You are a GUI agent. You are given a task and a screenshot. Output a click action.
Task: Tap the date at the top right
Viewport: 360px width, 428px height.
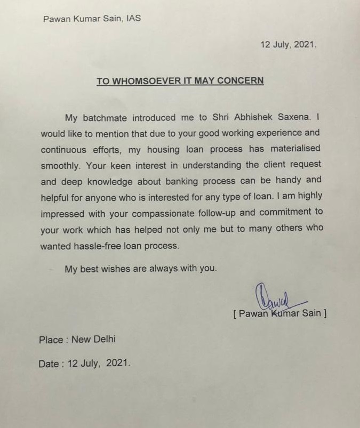(x=288, y=45)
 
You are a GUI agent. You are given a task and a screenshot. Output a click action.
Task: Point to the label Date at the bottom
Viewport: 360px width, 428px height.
(x=49, y=364)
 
